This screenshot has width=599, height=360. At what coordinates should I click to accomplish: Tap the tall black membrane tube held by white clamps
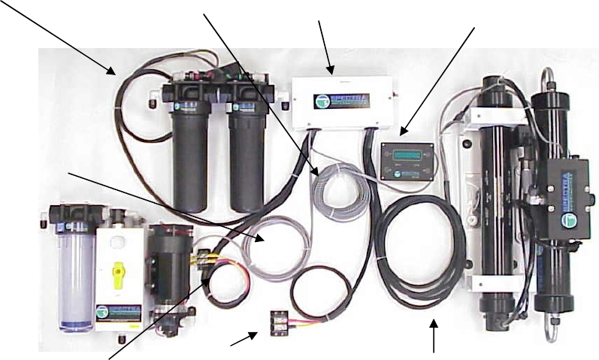[x=497, y=195]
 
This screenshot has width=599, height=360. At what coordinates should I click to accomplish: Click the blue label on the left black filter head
[x=179, y=107]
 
